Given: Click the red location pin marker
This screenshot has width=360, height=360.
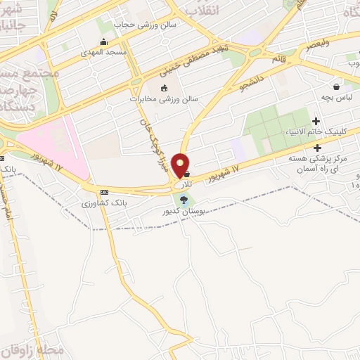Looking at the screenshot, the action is [x=181, y=166].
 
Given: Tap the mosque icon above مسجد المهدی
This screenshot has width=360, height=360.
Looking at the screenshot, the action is [x=105, y=41].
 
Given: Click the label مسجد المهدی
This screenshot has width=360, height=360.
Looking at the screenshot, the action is [x=105, y=52].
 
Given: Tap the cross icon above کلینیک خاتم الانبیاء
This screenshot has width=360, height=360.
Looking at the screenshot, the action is [x=316, y=122].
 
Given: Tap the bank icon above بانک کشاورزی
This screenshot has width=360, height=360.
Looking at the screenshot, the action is [x=105, y=192].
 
